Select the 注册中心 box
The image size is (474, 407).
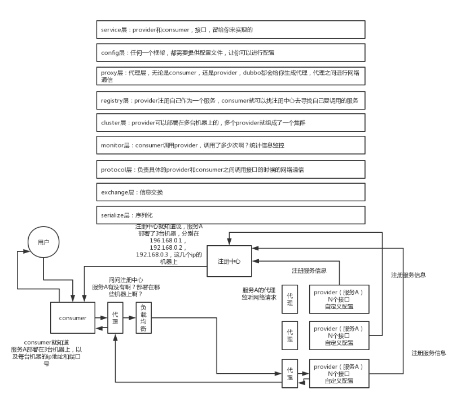tap(229, 262)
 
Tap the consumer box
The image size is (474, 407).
tap(73, 318)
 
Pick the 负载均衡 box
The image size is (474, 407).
tap(144, 318)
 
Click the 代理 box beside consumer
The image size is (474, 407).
tap(116, 318)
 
